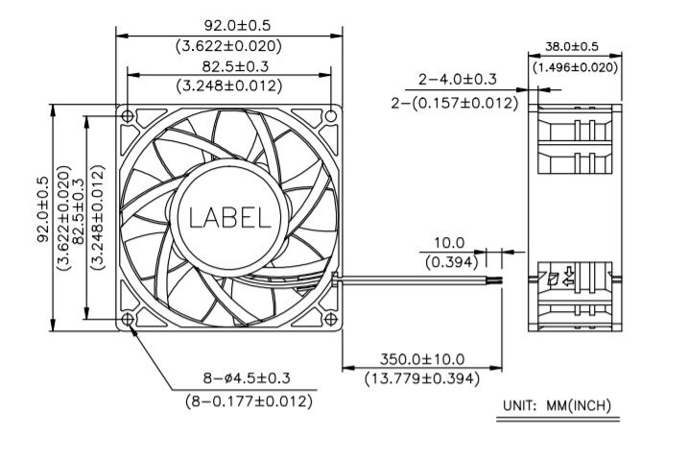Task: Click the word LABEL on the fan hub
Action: [x=229, y=218]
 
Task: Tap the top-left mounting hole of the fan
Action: [x=128, y=116]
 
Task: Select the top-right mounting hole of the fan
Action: [x=331, y=116]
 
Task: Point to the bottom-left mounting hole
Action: [x=128, y=320]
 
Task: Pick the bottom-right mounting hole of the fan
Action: [x=331, y=320]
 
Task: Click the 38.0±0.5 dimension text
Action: [x=571, y=46]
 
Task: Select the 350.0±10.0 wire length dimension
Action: [x=421, y=359]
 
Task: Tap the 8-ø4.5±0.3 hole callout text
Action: [x=247, y=377]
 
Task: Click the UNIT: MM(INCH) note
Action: [x=557, y=405]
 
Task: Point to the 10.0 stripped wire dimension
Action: [x=449, y=242]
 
